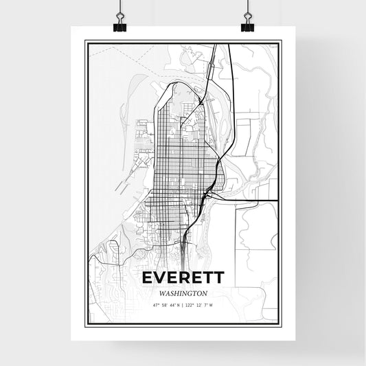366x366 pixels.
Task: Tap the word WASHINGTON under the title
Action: click(183, 293)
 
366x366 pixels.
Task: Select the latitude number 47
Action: click(155, 304)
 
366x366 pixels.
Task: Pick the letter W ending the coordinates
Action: click(211, 304)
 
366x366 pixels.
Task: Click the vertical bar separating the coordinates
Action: click(183, 304)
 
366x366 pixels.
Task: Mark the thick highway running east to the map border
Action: click(254, 200)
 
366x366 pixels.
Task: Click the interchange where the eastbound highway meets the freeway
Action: click(209, 196)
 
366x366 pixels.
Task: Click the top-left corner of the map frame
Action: click(86, 42)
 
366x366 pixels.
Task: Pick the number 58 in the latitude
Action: click(163, 304)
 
